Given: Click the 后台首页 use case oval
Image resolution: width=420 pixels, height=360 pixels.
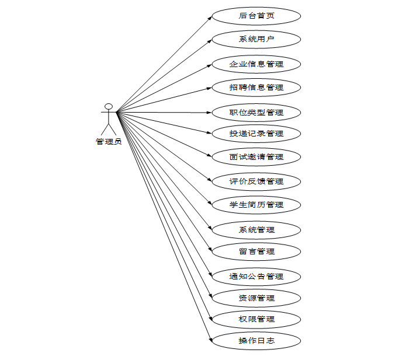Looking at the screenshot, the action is coord(256,16).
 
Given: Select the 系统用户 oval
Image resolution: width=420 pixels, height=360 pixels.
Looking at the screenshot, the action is coord(256,40).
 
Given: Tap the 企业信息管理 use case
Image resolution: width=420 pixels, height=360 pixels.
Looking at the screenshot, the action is coord(256,64).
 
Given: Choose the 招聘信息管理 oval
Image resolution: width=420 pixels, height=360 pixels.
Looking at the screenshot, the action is coord(256,88).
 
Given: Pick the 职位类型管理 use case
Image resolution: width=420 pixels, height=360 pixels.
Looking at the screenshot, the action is coord(256,112).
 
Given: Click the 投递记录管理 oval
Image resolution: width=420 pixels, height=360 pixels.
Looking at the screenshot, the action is coord(256,134).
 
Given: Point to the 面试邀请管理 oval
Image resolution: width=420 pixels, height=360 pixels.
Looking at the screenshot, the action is coord(256,157).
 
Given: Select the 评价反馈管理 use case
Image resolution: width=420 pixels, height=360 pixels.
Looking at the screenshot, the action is coord(256,181).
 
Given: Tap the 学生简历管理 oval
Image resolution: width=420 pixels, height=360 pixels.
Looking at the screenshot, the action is coord(256,205).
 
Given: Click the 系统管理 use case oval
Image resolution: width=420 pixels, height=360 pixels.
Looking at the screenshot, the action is coord(256,230).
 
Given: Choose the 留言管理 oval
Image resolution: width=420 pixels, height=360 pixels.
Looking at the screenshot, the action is coord(256,251).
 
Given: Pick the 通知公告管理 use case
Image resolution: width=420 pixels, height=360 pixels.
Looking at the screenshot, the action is coord(256,276).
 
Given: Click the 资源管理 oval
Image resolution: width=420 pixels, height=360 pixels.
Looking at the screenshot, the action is coord(256,298).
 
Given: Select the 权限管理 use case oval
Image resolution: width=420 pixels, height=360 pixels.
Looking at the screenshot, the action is coord(256,319).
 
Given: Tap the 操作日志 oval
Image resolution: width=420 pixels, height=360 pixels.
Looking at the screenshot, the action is coord(256,341).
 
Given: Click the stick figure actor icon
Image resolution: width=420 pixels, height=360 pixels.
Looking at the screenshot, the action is coord(108,119).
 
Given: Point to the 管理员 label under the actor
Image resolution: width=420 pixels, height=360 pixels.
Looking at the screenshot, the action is coord(108,141).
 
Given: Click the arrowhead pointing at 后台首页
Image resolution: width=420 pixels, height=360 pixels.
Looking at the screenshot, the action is coord(209,18).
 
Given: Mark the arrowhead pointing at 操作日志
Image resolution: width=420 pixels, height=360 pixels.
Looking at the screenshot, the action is coord(209,339).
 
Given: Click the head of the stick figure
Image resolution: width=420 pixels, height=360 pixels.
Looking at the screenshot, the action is coord(108,107).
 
